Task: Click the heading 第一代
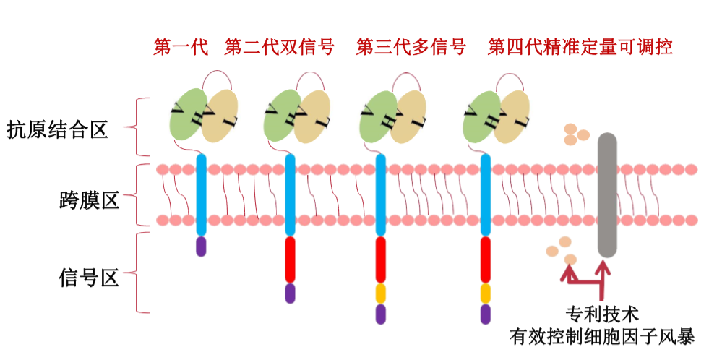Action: coord(181,47)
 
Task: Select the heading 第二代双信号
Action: coord(279,47)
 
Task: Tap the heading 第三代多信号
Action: coord(411,47)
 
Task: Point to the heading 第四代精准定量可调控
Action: coord(580,47)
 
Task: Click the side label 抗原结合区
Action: coord(57,130)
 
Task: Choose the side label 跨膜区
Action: coord(89,200)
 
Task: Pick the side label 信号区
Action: coord(89,278)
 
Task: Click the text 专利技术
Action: coord(602,314)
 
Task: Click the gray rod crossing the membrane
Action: coord(607,195)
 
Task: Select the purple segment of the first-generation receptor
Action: coord(201,247)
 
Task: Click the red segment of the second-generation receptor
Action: coord(290,260)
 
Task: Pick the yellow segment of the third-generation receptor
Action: coord(381,293)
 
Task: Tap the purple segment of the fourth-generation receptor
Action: coord(485,314)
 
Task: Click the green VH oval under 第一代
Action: coord(187,115)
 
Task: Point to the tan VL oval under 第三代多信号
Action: coord(408,116)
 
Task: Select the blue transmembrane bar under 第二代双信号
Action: coord(290,195)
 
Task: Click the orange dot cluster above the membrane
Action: coord(577,134)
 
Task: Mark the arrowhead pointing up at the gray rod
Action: coord(603,267)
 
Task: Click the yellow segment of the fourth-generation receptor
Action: coord(485,293)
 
